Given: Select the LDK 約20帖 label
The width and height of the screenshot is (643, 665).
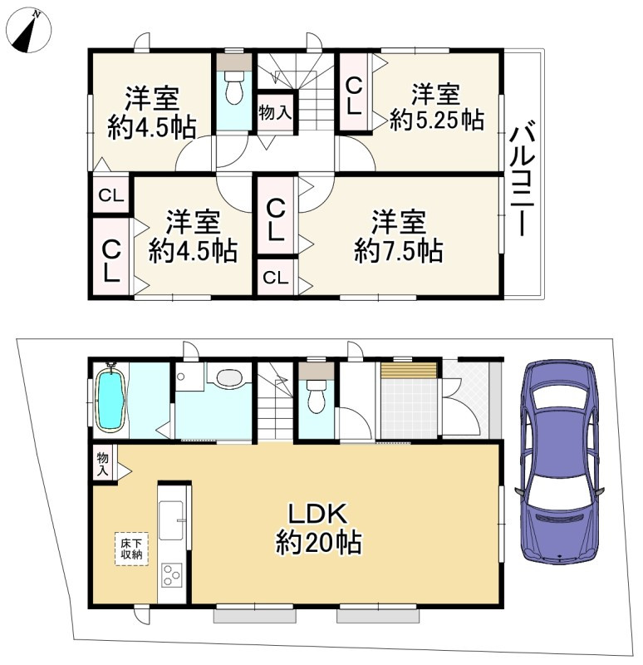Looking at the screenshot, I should pos(317,529).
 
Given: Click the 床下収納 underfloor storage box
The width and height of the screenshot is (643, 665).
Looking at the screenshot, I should pos(130,549).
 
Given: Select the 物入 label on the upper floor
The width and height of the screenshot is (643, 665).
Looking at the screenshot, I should pos(274,112).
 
